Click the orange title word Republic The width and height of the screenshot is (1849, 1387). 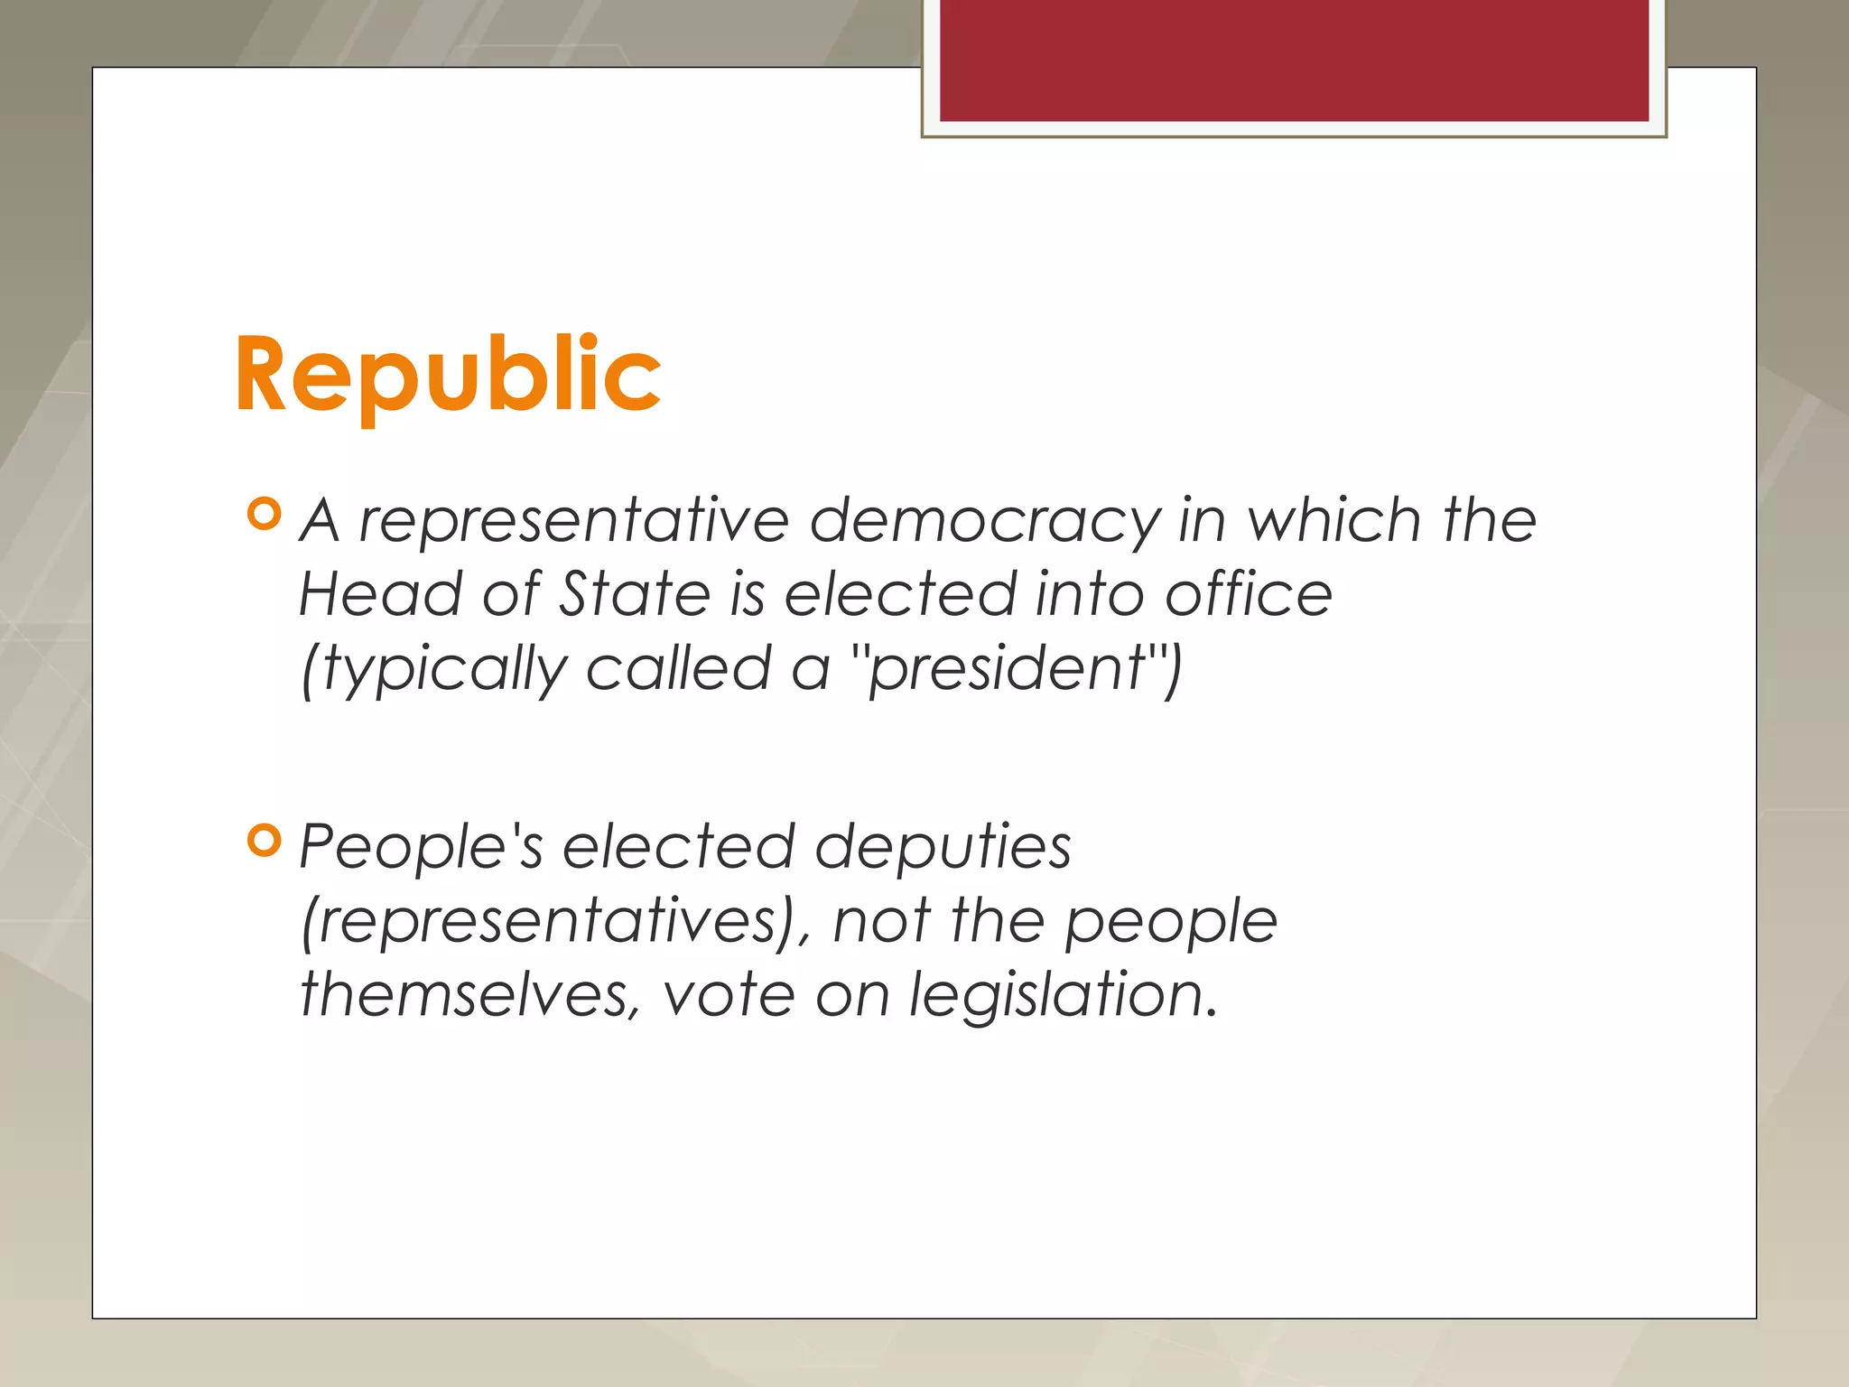tap(448, 375)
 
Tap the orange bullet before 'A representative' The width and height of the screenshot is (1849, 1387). tap(264, 514)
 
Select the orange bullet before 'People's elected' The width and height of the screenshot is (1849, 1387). tap(264, 841)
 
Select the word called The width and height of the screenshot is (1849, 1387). tap(678, 668)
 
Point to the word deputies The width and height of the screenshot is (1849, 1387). tap(943, 849)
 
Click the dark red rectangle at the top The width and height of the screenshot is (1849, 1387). tap(1294, 60)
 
